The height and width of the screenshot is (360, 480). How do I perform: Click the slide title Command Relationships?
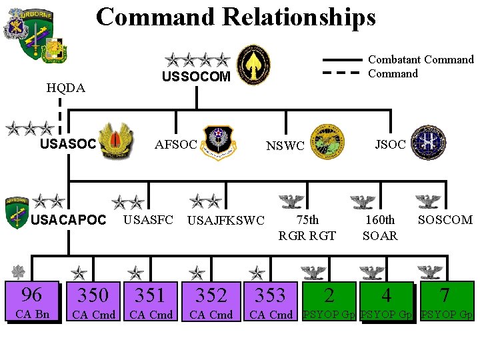pos(235,17)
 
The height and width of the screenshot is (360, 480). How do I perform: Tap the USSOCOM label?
pos(196,77)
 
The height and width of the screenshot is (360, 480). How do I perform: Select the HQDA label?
pos(65,87)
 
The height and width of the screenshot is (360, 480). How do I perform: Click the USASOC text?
pos(69,143)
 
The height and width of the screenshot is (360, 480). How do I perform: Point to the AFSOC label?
pos(175,145)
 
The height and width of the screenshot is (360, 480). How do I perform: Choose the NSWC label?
pos(285,145)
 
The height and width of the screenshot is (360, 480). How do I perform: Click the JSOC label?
pos(390,143)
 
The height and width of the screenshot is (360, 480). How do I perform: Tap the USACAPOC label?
pos(69,220)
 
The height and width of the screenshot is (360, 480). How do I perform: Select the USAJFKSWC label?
pos(226,221)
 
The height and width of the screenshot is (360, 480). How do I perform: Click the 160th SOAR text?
pos(380,227)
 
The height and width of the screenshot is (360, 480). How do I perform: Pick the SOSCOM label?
pos(445,219)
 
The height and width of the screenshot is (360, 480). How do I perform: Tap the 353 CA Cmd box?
pos(271,302)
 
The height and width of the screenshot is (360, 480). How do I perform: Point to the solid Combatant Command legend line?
pos(343,60)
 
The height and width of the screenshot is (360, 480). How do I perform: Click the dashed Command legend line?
pos(343,74)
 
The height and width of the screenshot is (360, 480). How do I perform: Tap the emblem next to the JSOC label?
pos(427,143)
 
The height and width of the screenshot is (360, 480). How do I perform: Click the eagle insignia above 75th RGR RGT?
pos(291,201)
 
